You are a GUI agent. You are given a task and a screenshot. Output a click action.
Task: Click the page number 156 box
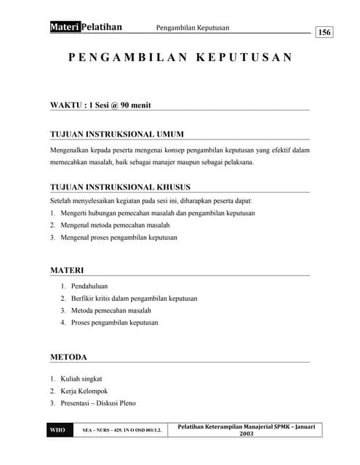click(324, 32)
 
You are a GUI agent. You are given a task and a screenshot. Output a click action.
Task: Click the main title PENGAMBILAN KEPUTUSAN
click(180, 57)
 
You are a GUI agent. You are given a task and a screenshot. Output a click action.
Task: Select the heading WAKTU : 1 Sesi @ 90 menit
click(100, 105)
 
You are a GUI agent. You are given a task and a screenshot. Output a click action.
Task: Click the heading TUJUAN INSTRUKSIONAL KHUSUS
click(120, 187)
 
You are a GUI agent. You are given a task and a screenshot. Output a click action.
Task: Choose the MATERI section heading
click(67, 270)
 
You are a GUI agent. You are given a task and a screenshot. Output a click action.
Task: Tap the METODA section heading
click(68, 357)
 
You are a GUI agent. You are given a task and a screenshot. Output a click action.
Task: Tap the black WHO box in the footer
click(57, 430)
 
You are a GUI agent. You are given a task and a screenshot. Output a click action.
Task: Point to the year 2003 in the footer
click(247, 434)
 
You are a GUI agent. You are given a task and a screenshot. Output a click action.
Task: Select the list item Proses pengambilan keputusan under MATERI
click(114, 322)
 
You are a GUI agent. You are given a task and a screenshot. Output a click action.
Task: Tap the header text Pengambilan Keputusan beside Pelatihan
click(193, 28)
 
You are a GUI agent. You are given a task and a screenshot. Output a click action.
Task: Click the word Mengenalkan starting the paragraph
click(71, 150)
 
